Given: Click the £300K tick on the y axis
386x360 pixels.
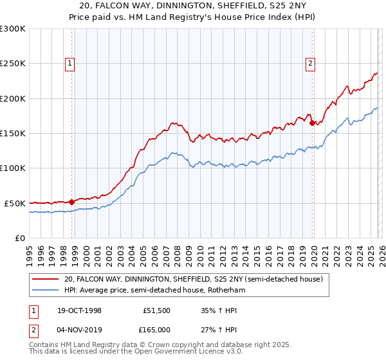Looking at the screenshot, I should [x=13, y=29].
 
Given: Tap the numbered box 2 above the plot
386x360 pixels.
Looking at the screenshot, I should [x=310, y=63].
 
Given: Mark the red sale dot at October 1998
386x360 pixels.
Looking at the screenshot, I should [x=72, y=202].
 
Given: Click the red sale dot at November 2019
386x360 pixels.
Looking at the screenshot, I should [x=312, y=123].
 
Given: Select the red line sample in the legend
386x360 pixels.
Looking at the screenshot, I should [x=45, y=279].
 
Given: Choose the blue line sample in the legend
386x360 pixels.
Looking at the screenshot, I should [x=45, y=290].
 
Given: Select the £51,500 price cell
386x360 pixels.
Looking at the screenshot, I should [x=156, y=310].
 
